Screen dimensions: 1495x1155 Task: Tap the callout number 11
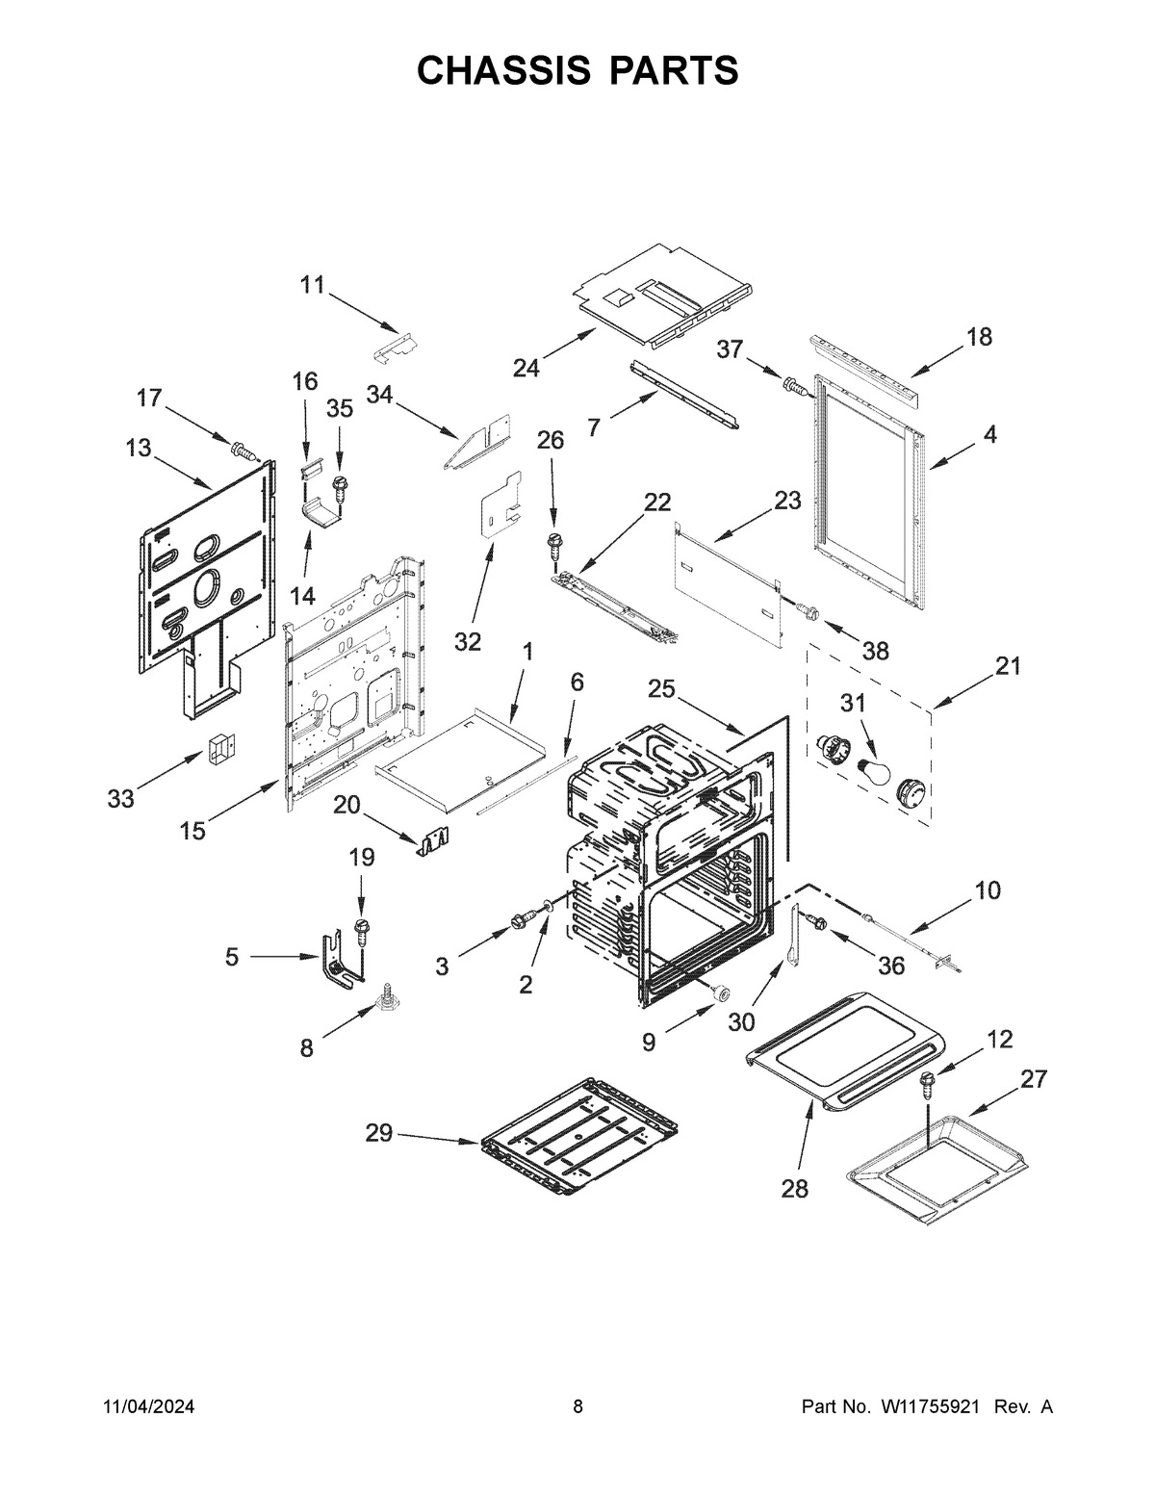(x=312, y=284)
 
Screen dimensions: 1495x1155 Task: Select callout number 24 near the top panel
(x=526, y=368)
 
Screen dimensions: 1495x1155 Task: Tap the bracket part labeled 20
(x=434, y=842)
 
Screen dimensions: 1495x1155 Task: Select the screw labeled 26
(x=555, y=544)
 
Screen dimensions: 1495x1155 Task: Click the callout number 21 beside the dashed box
(x=1008, y=666)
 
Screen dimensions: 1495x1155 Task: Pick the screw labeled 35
(x=339, y=485)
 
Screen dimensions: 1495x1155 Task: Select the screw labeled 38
(x=808, y=611)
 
